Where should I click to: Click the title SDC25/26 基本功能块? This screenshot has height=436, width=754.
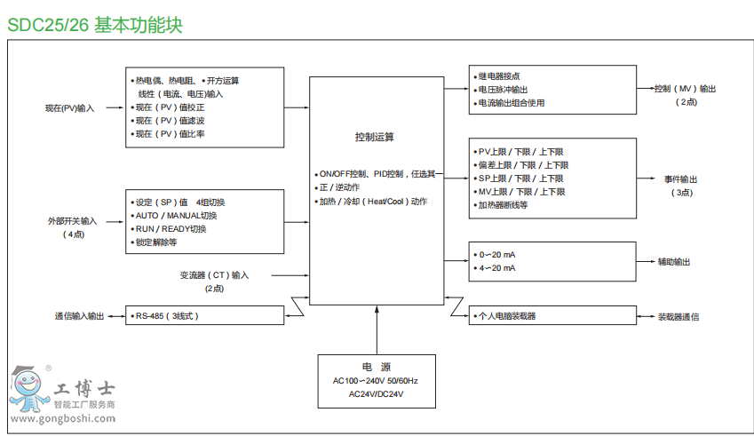(x=95, y=25)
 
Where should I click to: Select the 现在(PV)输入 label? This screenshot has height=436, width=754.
(x=70, y=108)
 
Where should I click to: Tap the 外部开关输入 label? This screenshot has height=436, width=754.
(x=73, y=220)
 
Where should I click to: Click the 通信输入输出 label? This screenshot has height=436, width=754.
(x=79, y=316)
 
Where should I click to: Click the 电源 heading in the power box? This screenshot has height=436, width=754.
(x=377, y=367)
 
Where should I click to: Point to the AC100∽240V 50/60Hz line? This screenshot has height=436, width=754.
(x=377, y=380)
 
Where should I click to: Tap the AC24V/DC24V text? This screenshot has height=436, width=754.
(x=377, y=393)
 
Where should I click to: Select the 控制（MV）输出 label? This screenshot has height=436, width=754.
(x=685, y=89)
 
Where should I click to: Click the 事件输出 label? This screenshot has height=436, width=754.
(x=681, y=179)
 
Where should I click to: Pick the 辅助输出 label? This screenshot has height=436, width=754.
(x=674, y=262)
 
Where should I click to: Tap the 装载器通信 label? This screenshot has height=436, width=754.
(x=678, y=316)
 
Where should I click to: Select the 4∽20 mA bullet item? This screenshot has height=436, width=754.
(x=497, y=268)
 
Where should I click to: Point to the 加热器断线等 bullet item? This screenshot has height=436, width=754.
(x=504, y=205)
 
